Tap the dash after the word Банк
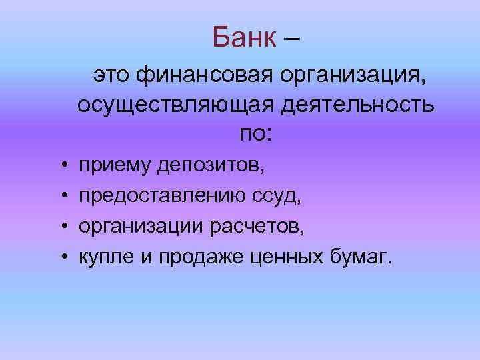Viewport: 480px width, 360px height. pyautogui.click(x=291, y=39)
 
